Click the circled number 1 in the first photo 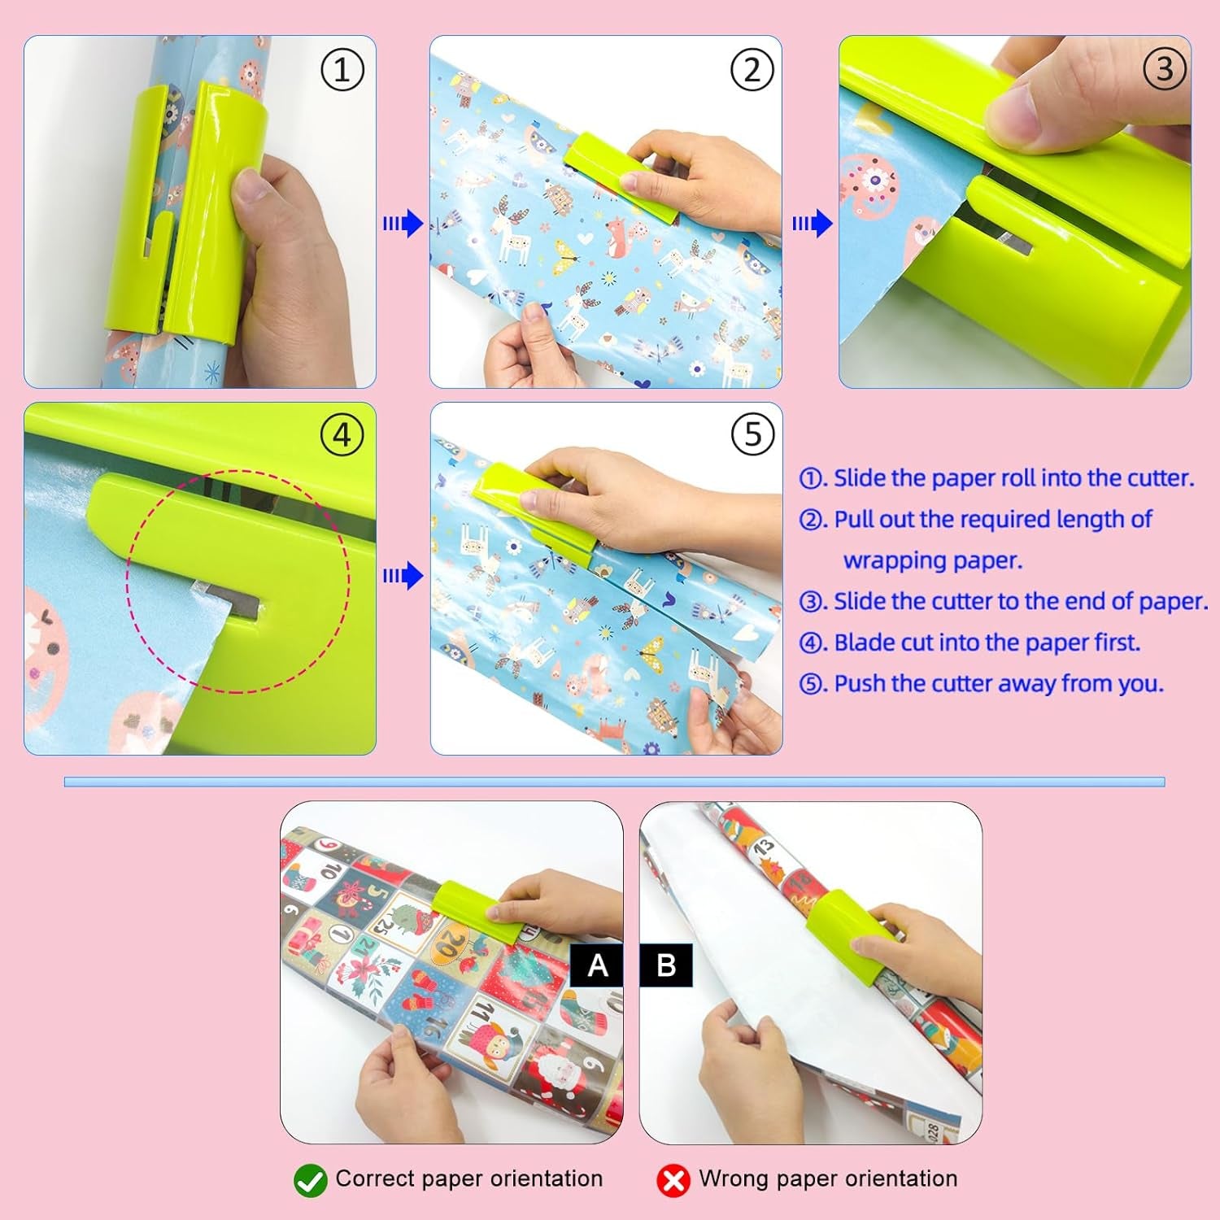pyautogui.click(x=342, y=71)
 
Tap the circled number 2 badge pyautogui.click(x=751, y=71)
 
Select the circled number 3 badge pyautogui.click(x=1164, y=69)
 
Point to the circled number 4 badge pyautogui.click(x=342, y=436)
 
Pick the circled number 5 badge pyautogui.click(x=752, y=434)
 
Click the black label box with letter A pyautogui.click(x=597, y=965)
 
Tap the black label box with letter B pyautogui.click(x=666, y=965)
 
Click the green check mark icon pyautogui.click(x=310, y=1180)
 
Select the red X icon pyautogui.click(x=673, y=1180)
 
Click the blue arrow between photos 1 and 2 pyautogui.click(x=403, y=223)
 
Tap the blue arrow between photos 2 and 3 pyautogui.click(x=813, y=223)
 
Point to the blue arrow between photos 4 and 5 pyautogui.click(x=403, y=576)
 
